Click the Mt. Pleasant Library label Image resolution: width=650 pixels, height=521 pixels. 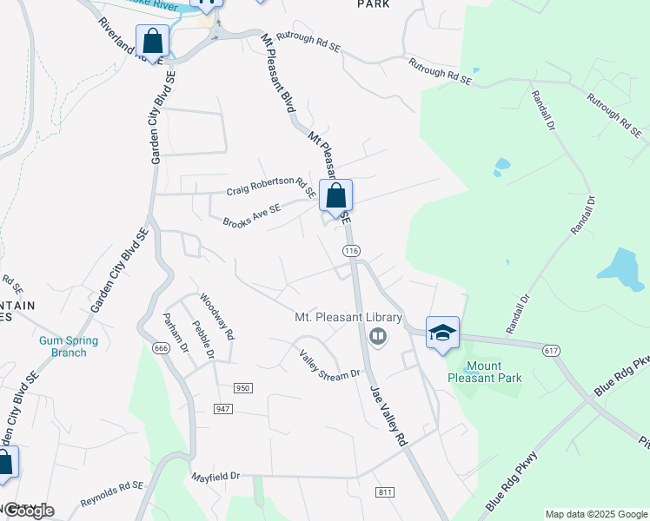pyautogui.click(x=348, y=318)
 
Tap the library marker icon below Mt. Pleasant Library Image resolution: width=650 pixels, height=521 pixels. pyautogui.click(x=377, y=336)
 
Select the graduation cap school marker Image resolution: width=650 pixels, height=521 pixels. pyautogui.click(x=442, y=333)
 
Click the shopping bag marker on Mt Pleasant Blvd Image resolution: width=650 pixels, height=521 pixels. pyautogui.click(x=335, y=195)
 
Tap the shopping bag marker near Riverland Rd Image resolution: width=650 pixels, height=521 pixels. pyautogui.click(x=153, y=41)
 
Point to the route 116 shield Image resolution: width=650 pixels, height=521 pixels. pyautogui.click(x=351, y=251)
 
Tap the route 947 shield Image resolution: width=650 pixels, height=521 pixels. pyautogui.click(x=223, y=407)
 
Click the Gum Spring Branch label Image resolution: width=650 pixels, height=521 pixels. pyautogui.click(x=68, y=346)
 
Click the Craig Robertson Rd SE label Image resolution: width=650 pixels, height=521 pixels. pyautogui.click(x=270, y=187)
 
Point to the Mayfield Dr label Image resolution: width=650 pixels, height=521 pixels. pyautogui.click(x=216, y=477)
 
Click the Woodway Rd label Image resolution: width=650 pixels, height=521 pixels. pyautogui.click(x=217, y=317)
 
